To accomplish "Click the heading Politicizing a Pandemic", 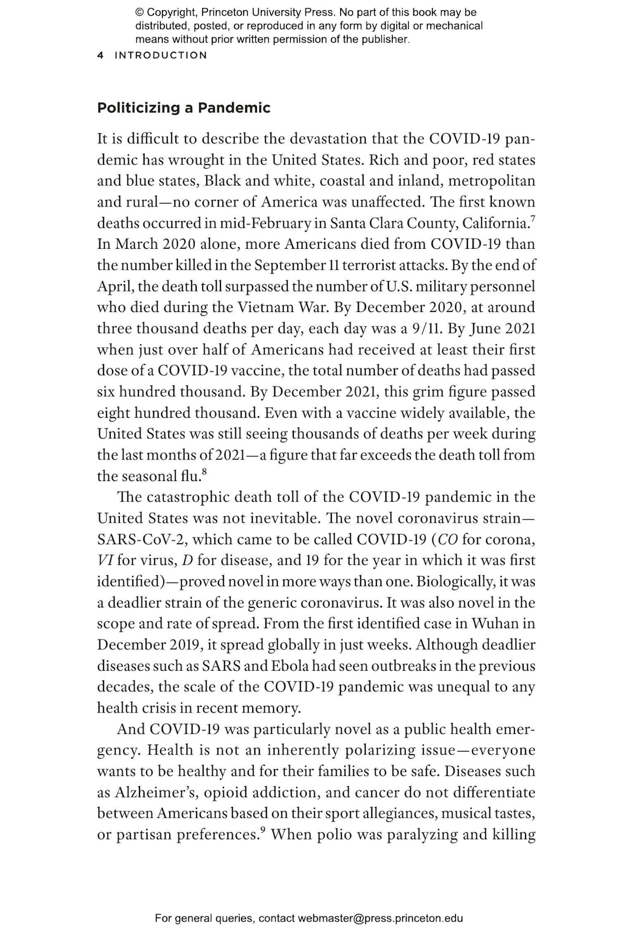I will click(x=184, y=108).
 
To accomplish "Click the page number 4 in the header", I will click(x=100, y=55).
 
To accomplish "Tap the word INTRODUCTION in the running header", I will click(x=161, y=55).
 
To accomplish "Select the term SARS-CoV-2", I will click(x=142, y=539).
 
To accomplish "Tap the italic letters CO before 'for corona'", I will click(x=447, y=539).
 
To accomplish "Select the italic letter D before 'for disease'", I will click(x=188, y=560).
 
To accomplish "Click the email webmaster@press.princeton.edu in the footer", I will click(x=380, y=919).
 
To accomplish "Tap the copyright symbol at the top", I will click(x=139, y=13).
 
